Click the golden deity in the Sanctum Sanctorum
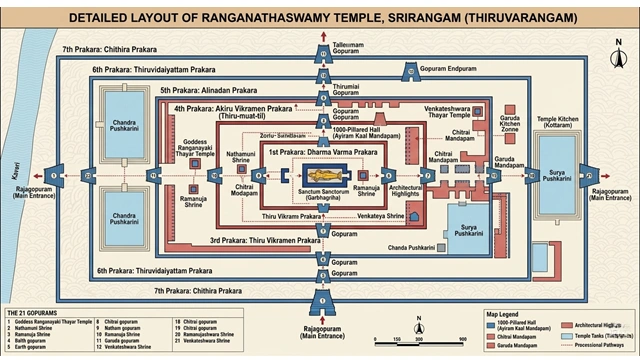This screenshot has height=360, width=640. tap(320, 176)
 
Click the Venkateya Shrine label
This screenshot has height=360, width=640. tap(379, 214)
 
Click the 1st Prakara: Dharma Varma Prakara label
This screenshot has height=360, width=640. tap(322, 151)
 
